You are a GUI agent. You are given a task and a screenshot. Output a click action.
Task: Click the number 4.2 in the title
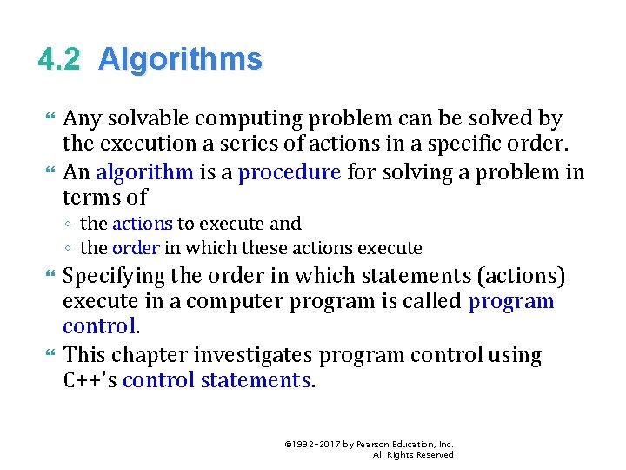pyautogui.click(x=59, y=59)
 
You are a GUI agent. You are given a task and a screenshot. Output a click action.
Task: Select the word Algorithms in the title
pyautogui.click(x=180, y=60)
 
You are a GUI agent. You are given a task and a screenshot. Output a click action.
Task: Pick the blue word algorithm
pyautogui.click(x=144, y=171)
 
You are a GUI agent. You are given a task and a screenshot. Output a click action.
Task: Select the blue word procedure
pyautogui.click(x=290, y=171)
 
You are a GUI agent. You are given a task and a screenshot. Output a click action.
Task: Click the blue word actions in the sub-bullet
pyautogui.click(x=143, y=224)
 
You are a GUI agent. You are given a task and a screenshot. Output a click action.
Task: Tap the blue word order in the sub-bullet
pyautogui.click(x=137, y=248)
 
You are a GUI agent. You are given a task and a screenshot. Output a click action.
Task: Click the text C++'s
pyautogui.click(x=90, y=380)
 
